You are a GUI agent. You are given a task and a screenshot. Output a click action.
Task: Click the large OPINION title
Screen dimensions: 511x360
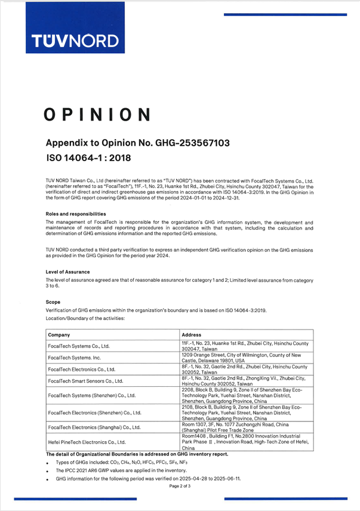point(97,114)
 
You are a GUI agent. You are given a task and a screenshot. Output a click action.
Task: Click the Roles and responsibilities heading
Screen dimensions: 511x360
point(76,214)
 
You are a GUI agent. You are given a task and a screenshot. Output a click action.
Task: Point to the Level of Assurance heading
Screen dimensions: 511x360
point(67,272)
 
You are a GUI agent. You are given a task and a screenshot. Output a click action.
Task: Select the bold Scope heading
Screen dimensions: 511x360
point(53,302)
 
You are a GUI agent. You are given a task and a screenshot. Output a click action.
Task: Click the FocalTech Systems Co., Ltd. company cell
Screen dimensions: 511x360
point(78,346)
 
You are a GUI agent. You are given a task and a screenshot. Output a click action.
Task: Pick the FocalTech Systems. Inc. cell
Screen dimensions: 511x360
point(76,358)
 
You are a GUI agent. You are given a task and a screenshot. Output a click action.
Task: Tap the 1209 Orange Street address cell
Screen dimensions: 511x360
point(245,358)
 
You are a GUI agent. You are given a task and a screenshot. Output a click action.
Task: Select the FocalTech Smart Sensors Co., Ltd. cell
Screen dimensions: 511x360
point(85,380)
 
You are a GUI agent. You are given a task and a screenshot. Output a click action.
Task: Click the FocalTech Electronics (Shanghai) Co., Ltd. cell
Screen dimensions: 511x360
point(94,427)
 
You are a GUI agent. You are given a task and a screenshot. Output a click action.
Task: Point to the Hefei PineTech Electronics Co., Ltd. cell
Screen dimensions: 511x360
point(87,442)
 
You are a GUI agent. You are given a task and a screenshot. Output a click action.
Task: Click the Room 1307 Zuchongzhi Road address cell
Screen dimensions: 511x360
point(245,427)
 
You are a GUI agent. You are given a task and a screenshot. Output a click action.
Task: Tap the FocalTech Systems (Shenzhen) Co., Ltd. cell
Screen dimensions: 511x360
point(91,395)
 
